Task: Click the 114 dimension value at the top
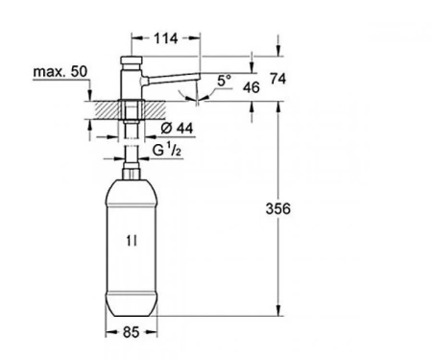point(166,38)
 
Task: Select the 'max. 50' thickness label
point(60,72)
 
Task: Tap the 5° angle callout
point(224,81)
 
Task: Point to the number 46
point(252,87)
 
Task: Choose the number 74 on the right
point(277,79)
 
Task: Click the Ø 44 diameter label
point(177,128)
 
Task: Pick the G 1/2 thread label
point(167,150)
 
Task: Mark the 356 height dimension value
point(278,208)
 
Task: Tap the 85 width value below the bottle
point(132,332)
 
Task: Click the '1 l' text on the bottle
point(132,241)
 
